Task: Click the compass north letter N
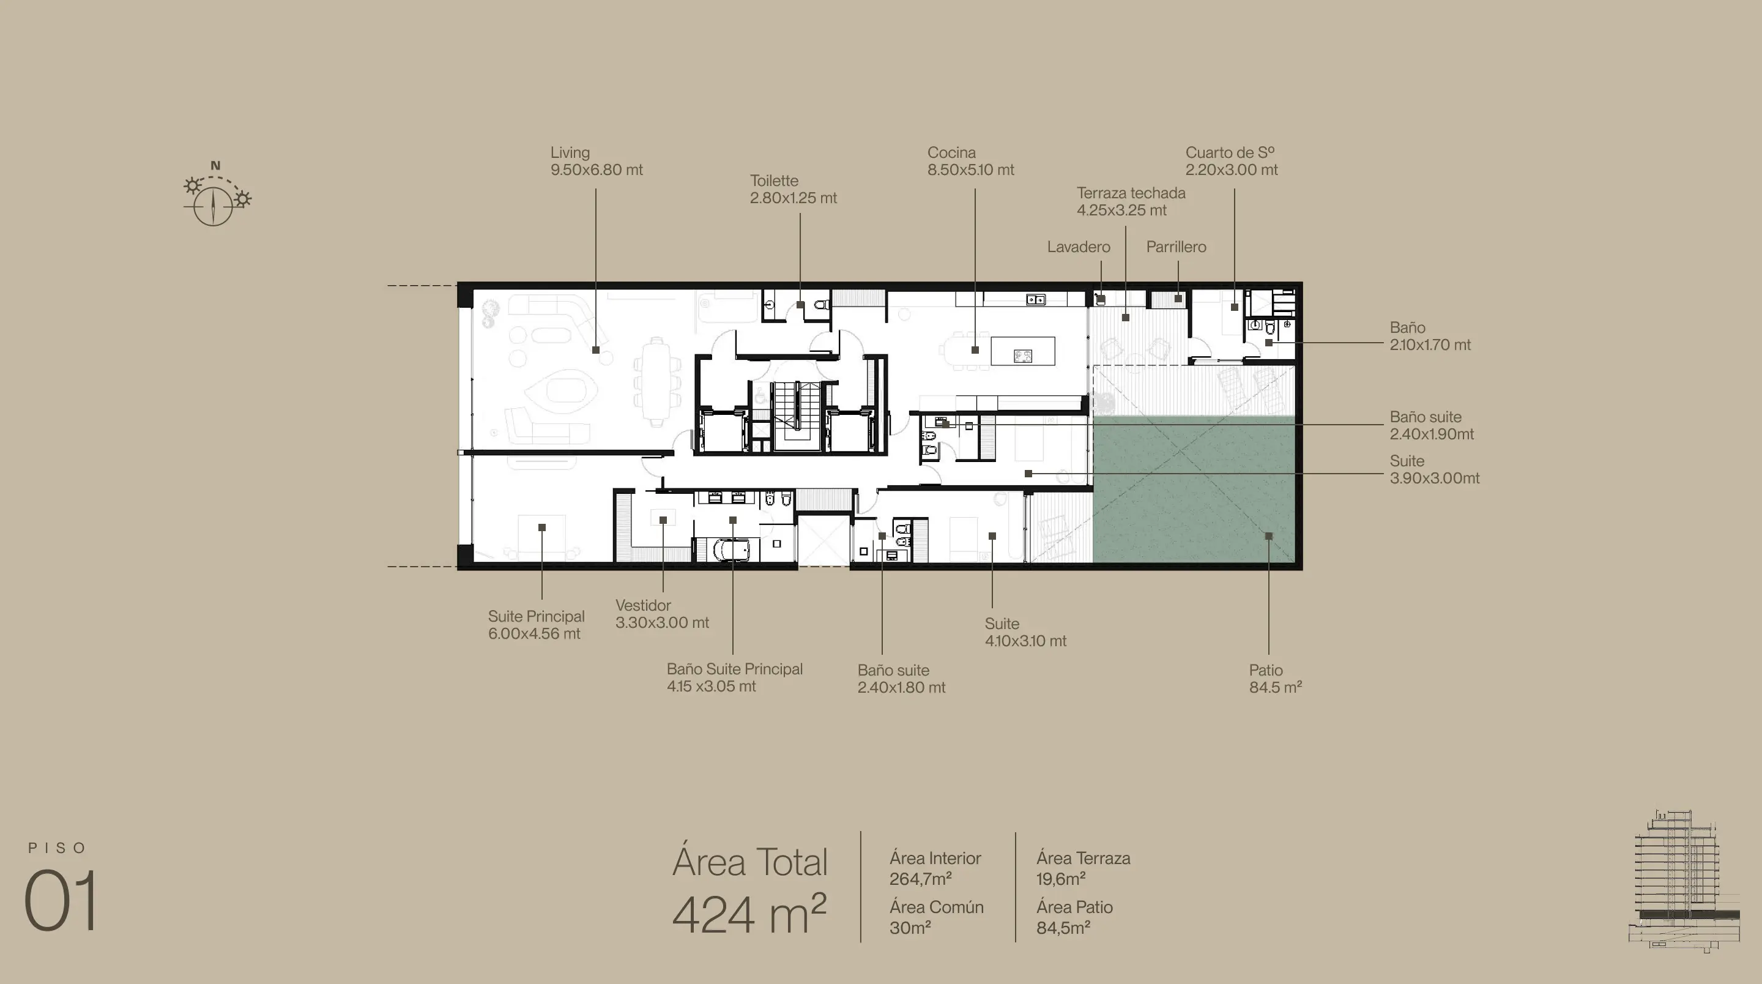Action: point(215,166)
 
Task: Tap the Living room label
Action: point(597,161)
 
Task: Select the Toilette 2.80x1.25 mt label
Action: point(793,189)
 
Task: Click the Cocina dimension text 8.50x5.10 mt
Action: point(970,170)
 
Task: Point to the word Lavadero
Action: point(1079,247)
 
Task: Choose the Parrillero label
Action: point(1176,247)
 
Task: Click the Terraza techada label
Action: point(1131,201)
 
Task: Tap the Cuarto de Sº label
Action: point(1231,161)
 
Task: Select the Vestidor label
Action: point(661,614)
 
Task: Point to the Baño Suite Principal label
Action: point(734,677)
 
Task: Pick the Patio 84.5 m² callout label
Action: point(1275,679)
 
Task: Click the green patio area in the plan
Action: point(1194,490)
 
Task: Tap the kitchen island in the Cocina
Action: point(1022,352)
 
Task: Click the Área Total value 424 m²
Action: point(749,914)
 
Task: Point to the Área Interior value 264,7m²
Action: point(921,879)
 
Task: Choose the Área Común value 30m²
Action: point(910,928)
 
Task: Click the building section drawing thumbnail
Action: point(1684,881)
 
